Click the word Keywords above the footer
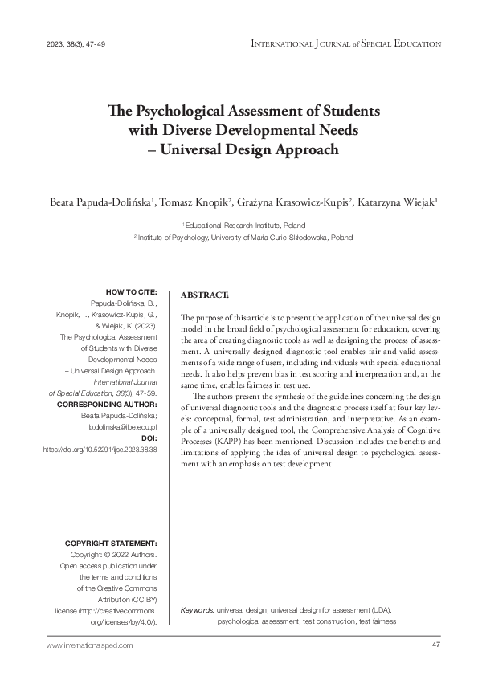point(198,610)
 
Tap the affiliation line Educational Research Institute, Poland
point(245,226)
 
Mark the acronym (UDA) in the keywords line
point(377,610)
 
